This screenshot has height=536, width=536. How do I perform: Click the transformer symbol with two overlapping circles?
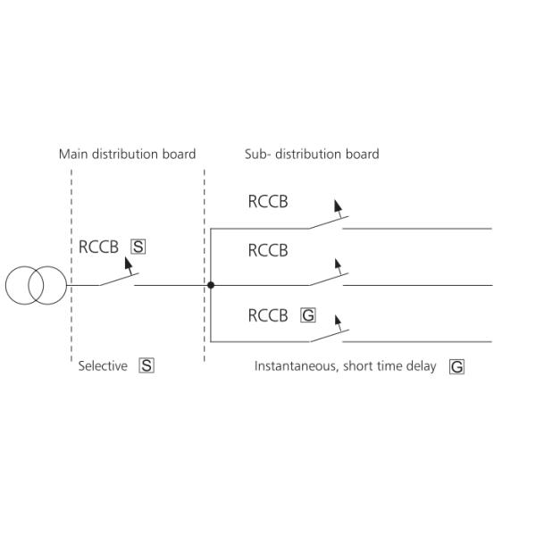click(x=36, y=285)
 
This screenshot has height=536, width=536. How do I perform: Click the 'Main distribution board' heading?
click(x=127, y=154)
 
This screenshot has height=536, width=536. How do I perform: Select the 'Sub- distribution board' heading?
click(x=312, y=154)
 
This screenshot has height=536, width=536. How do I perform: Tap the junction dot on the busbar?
click(x=211, y=285)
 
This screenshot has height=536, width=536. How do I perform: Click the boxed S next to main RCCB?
click(x=138, y=247)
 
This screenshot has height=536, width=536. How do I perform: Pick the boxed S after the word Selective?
click(x=147, y=365)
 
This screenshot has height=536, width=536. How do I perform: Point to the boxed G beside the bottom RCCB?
click(x=308, y=315)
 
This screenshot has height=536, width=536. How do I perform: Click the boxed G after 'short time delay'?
click(x=456, y=366)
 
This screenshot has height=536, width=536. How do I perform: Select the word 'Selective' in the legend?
click(x=103, y=365)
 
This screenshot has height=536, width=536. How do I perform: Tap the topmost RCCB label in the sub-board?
click(x=268, y=202)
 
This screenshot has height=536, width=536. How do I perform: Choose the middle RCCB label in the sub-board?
click(x=268, y=251)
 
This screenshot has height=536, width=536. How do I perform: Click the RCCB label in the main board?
click(x=98, y=247)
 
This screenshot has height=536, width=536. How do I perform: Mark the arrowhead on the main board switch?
click(x=128, y=264)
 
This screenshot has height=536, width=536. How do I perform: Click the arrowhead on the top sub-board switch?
click(x=337, y=205)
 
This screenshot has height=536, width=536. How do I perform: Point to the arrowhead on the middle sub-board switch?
click(x=337, y=264)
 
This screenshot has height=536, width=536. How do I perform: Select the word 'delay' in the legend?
click(x=421, y=366)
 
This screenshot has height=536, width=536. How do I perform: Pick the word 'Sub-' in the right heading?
click(x=258, y=154)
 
